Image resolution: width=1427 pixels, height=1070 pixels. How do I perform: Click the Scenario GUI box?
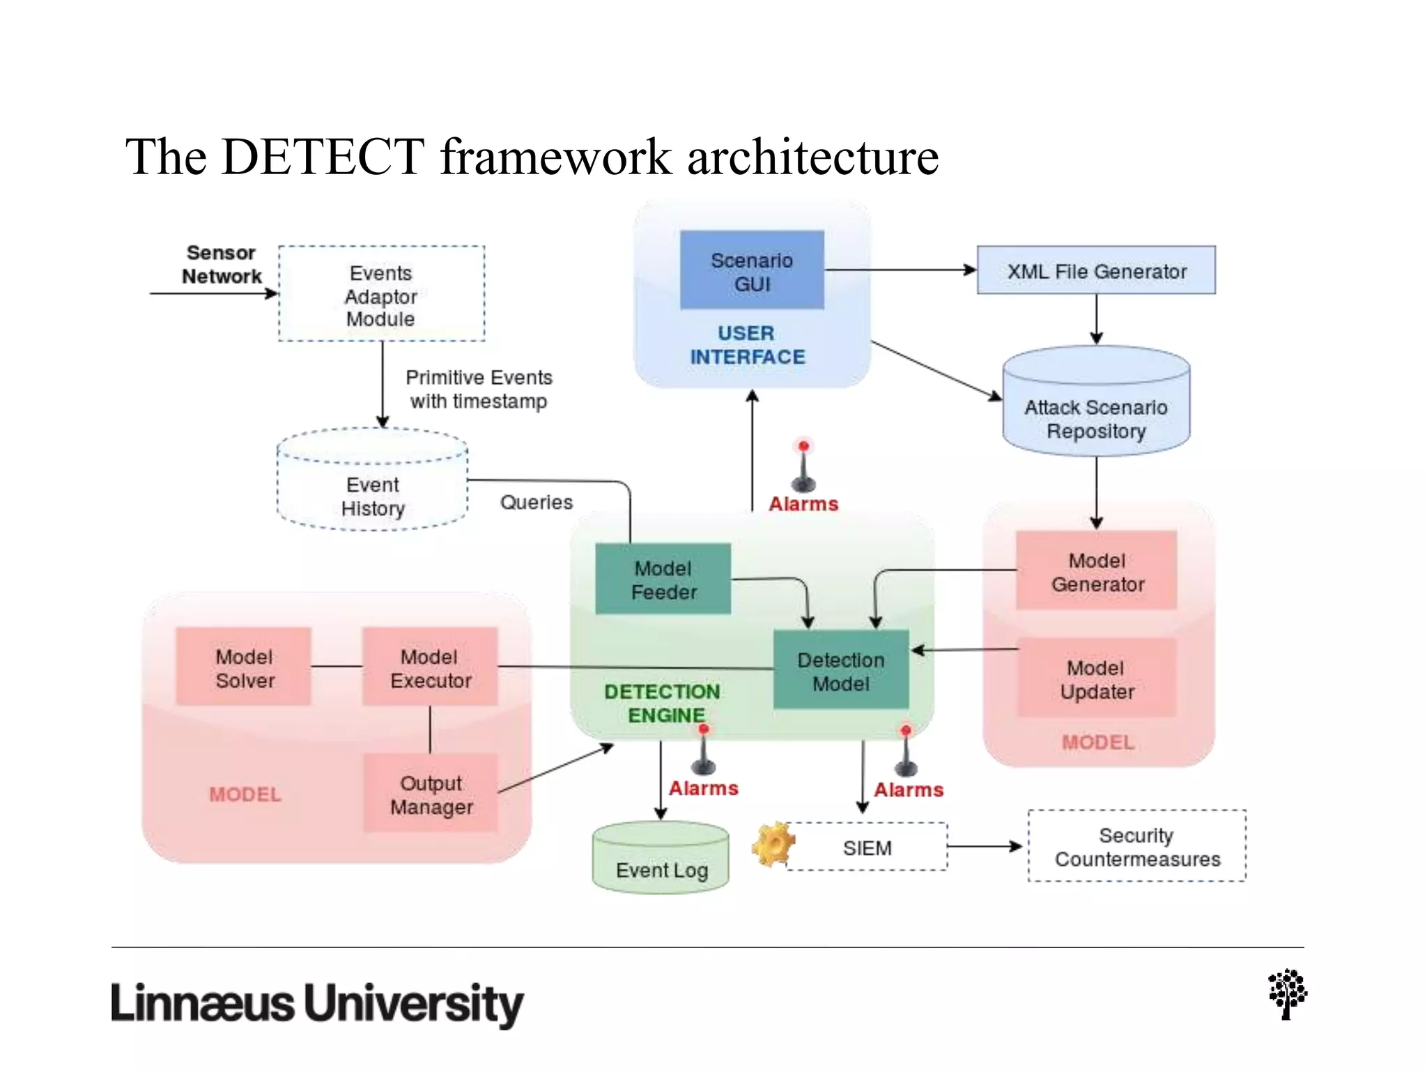(752, 270)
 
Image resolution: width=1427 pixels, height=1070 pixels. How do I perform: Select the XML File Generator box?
(1096, 270)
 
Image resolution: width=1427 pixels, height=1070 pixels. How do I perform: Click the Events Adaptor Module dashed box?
(381, 293)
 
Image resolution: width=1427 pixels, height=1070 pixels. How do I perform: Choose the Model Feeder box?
(663, 579)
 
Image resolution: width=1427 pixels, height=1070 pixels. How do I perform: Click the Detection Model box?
(841, 670)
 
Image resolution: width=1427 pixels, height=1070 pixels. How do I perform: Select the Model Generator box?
(1097, 571)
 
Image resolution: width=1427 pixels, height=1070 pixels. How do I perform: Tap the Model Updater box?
(1097, 679)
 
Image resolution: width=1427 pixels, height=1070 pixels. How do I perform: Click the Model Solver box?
(244, 667)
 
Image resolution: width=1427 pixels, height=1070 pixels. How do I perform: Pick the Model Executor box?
(430, 667)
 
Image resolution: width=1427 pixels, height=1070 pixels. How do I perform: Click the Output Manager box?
(431, 794)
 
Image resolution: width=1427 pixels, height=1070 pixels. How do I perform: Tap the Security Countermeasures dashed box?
(1137, 846)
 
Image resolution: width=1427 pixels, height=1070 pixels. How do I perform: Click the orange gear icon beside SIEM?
(772, 844)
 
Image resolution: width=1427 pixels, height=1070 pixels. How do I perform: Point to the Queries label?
(536, 502)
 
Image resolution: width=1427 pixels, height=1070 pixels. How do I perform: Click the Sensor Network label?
(221, 265)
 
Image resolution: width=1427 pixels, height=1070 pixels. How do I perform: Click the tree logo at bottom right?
(1287, 994)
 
